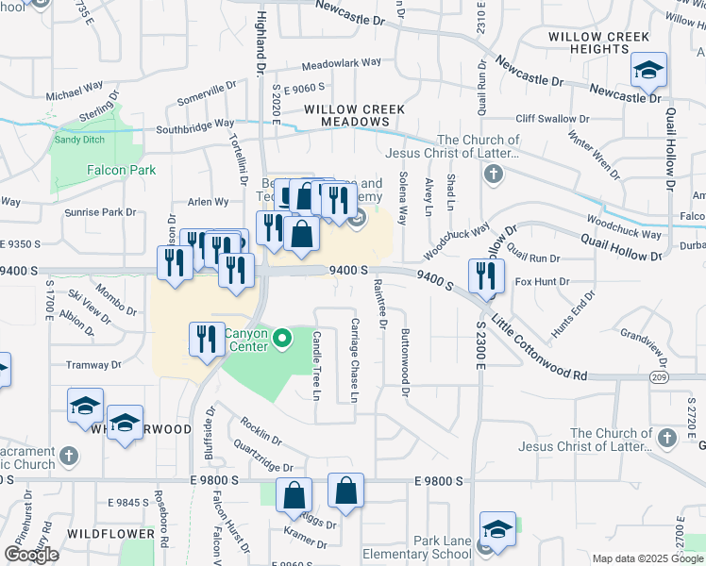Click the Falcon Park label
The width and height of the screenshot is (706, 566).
coord(122,170)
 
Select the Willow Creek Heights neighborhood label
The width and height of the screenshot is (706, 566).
coord(599,44)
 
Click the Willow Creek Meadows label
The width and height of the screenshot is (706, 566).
coord(354,115)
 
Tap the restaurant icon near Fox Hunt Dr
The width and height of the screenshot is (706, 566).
coord(486,275)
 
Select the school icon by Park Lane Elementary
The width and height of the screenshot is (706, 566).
coord(497,530)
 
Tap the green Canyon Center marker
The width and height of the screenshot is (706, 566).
coord(281,339)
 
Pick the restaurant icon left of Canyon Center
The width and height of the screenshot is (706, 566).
coord(207,339)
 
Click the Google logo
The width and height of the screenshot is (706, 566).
coord(32,554)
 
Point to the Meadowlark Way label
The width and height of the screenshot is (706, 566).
coord(342,64)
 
